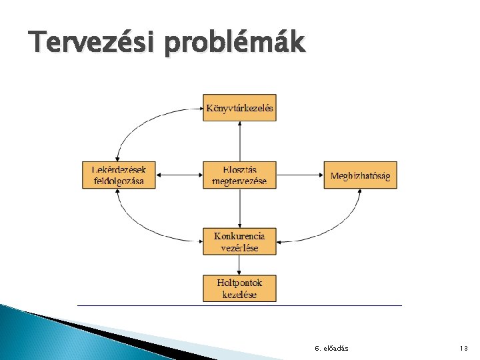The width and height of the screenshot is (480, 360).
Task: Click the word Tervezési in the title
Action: coord(86,44)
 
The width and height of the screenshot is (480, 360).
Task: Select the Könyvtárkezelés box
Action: coord(239,107)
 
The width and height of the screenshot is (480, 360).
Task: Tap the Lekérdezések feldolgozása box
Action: coord(119,175)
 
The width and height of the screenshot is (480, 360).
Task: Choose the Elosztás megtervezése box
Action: coord(239,175)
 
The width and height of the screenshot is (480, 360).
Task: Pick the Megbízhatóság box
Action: coord(360,175)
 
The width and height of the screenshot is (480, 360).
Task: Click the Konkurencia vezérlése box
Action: coord(239,241)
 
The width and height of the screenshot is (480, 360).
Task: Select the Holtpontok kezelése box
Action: coord(239,288)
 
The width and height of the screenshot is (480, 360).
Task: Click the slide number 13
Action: coord(464,349)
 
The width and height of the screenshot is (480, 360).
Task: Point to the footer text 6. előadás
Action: coord(331,349)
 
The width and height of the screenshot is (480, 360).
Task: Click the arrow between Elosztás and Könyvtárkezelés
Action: coord(239,141)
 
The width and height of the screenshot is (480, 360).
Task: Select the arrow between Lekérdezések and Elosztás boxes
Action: coord(179,175)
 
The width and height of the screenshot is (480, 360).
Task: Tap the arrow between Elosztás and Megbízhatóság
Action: coord(299,175)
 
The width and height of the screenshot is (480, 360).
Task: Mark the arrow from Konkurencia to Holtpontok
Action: coord(239,265)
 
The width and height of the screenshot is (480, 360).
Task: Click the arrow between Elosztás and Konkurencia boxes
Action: coord(239,208)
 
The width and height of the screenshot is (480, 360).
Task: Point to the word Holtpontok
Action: coord(239,283)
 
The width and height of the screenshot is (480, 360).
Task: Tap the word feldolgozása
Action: coord(118,181)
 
